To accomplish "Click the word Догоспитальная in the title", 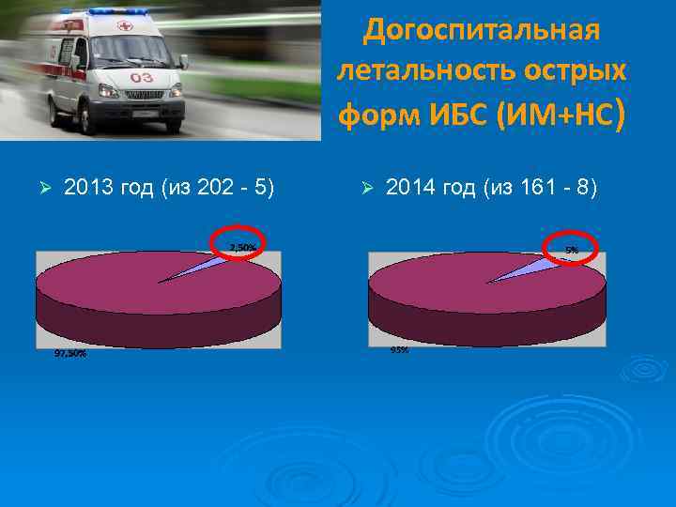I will coord(480,30).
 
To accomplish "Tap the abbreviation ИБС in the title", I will coord(457,115).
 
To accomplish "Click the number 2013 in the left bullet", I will coord(86,189).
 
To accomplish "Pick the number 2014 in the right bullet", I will coord(407,189).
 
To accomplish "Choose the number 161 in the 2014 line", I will coord(540,189).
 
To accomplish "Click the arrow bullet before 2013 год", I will coord(40,189).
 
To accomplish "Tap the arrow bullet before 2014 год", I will coord(367,189).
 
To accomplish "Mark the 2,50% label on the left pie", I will coord(243,247).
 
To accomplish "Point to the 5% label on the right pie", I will coord(571,250).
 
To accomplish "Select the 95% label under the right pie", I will coord(399,350).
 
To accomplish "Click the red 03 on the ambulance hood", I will coord(142,77).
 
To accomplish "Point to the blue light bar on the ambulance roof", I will coord(117,11).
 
